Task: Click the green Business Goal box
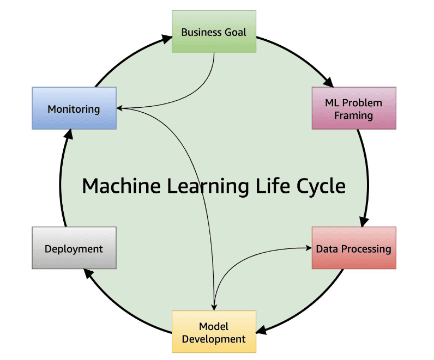214,32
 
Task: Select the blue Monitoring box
74,108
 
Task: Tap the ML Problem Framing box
353,108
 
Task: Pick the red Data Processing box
353,248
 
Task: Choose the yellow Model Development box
214,332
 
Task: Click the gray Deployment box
74,248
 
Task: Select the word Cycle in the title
321,186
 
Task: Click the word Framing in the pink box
353,115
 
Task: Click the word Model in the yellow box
214,326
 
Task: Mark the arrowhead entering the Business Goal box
167,38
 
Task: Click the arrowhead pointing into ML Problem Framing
328,82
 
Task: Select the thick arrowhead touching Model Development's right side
261,331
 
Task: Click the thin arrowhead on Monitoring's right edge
120,108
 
